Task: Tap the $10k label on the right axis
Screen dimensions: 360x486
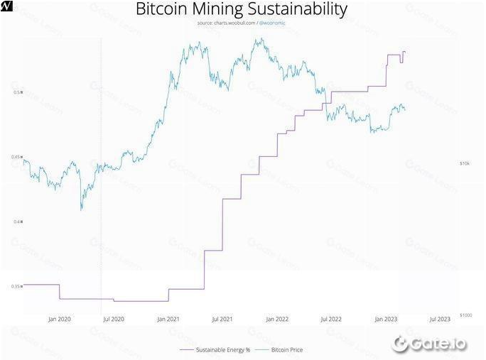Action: point(465,163)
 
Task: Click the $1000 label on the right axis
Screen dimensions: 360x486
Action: point(465,315)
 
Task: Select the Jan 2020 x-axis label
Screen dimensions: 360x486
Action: point(59,320)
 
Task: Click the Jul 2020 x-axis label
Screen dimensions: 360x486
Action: point(114,320)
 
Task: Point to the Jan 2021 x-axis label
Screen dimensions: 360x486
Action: point(168,320)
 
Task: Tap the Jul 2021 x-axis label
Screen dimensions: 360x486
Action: point(222,320)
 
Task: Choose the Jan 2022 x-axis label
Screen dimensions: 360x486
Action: point(277,320)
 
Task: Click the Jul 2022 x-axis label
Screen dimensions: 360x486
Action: point(331,320)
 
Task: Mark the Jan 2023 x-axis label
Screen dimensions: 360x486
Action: point(386,320)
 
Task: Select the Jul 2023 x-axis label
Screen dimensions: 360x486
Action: point(440,320)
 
